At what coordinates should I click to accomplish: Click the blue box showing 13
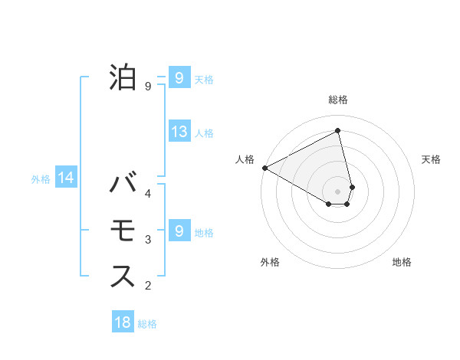coord(179,132)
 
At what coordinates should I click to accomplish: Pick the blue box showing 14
coord(66,178)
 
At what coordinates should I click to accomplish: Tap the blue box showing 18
coord(123,322)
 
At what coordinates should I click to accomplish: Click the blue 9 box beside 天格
coord(179,78)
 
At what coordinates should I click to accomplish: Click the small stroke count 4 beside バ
coord(148,194)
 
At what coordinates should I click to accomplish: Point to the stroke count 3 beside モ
coord(148,240)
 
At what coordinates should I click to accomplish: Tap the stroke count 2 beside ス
coord(148,286)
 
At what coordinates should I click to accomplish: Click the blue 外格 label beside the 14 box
coord(41,179)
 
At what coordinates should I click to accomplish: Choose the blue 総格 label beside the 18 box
coord(147,324)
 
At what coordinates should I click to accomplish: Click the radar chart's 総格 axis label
coord(338,100)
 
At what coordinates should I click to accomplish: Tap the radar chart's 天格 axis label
coord(432,159)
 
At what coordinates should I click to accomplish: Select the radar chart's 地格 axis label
coord(402,262)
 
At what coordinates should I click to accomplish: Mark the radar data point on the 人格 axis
coord(264,167)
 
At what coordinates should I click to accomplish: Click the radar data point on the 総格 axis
coord(338,131)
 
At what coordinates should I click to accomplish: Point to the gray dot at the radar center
coord(338,191)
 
